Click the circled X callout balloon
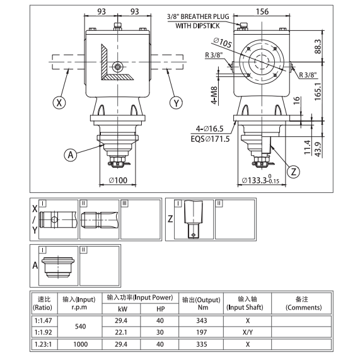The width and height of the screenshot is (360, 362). [59, 102]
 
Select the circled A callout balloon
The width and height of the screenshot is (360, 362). [71, 153]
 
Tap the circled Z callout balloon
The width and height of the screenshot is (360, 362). [292, 171]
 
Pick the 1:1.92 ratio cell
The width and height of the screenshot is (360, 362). [44, 332]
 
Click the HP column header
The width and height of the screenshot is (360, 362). [160, 308]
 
